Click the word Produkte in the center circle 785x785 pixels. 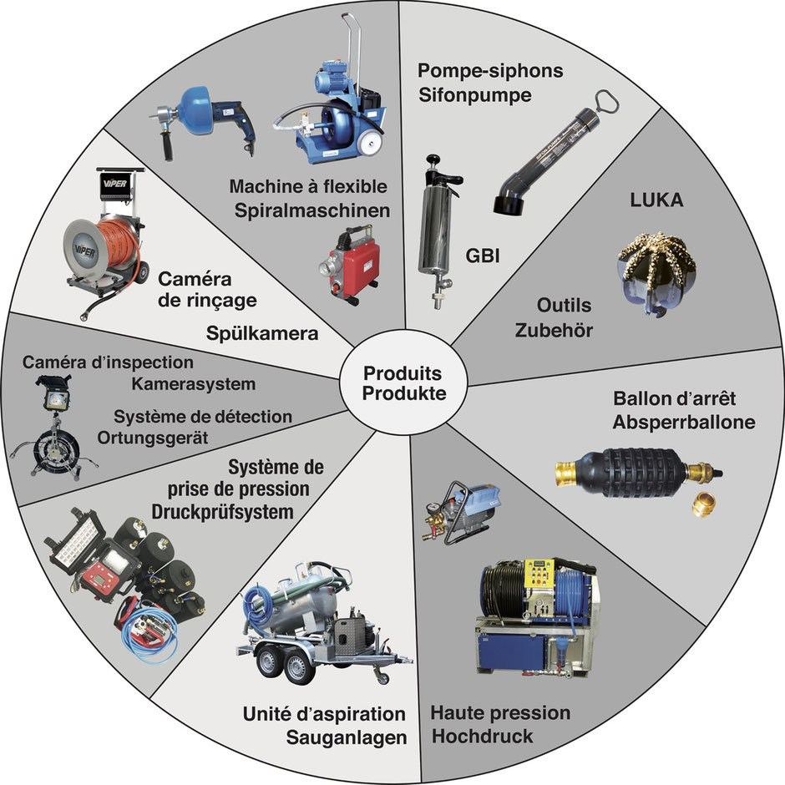click(404, 393)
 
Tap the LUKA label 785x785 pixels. click(656, 200)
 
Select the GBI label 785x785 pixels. click(483, 256)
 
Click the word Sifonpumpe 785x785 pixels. click(474, 94)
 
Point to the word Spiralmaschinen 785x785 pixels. click(311, 210)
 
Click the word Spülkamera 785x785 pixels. click(262, 333)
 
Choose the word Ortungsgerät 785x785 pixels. click(153, 438)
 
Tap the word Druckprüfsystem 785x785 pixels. click(223, 512)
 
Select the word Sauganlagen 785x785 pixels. click(347, 737)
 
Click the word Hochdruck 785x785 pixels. click(482, 737)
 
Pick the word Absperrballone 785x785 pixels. click(684, 422)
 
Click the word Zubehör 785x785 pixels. click(554, 331)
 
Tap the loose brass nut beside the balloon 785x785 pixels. click(703, 505)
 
